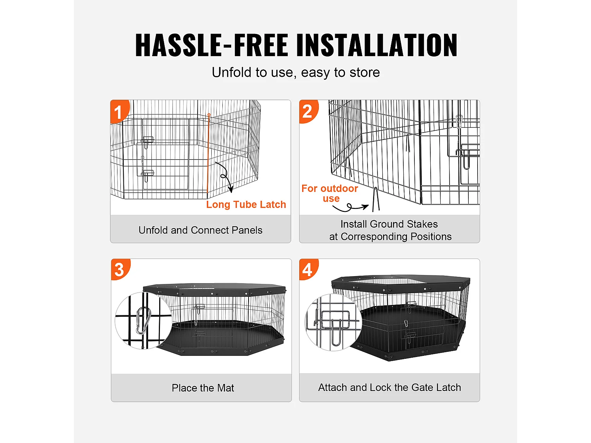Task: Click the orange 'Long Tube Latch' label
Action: (x=246, y=205)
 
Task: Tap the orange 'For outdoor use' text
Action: (x=329, y=193)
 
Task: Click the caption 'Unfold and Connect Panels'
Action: (x=200, y=230)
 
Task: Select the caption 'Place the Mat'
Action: (x=203, y=388)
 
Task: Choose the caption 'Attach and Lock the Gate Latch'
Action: (x=389, y=387)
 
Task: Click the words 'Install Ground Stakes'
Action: (x=389, y=224)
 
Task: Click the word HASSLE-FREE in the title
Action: (x=212, y=45)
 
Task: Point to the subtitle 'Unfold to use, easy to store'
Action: (x=295, y=73)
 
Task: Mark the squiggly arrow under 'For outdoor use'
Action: (x=350, y=207)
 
